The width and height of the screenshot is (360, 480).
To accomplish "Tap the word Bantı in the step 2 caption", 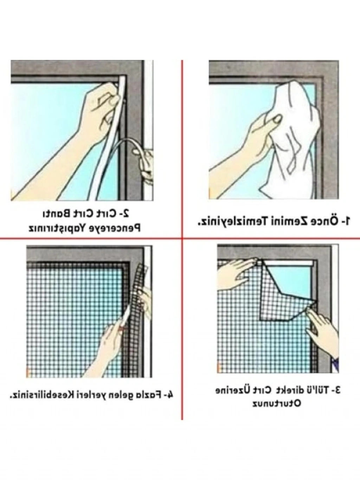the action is pos(56,214).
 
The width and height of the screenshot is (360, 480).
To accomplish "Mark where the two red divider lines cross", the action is pos(182,238).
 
